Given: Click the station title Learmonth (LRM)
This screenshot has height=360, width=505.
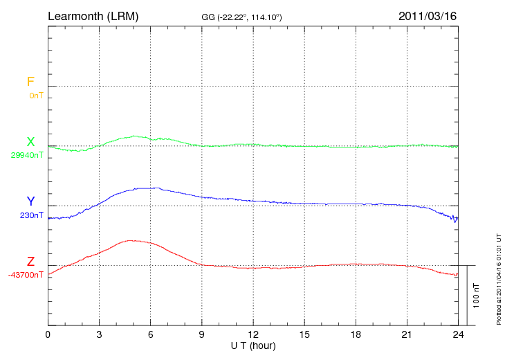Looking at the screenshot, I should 93,15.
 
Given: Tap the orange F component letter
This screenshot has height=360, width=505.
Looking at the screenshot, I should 30,82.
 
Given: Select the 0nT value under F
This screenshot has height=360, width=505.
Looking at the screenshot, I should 36,95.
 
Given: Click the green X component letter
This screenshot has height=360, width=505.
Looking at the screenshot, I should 30,142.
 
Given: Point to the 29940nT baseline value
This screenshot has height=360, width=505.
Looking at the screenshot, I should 27,155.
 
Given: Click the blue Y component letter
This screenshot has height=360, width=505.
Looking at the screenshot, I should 30,201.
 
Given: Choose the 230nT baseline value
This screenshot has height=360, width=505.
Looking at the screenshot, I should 32,215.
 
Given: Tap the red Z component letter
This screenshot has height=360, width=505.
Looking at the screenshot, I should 30,262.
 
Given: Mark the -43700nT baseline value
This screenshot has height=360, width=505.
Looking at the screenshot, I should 26,275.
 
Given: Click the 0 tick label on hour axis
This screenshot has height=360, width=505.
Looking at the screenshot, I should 48,334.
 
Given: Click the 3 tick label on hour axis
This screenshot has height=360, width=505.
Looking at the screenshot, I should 99,334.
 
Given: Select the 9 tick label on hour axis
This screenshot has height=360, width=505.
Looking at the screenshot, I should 202,334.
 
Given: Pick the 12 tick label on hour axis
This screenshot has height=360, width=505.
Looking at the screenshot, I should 253,334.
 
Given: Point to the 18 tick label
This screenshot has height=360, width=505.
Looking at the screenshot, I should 356,334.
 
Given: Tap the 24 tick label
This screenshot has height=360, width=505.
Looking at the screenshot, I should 458,334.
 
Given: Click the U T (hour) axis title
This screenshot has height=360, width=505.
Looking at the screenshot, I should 253,345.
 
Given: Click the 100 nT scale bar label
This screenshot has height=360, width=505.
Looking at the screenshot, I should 477,295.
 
